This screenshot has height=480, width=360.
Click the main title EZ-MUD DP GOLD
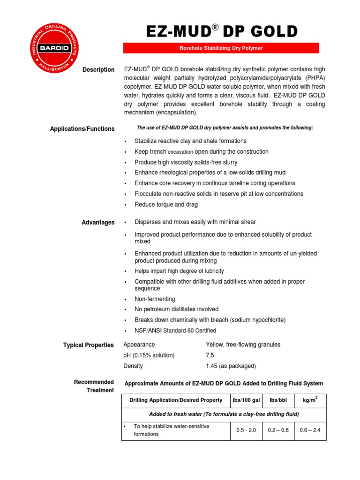[222, 31]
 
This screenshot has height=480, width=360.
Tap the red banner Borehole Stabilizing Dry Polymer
[221, 48]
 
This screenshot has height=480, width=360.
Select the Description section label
[98, 70]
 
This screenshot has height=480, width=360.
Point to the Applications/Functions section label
[82, 129]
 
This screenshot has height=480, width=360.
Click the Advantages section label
[98, 223]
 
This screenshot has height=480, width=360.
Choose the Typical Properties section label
[89, 345]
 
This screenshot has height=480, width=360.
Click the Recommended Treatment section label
[94, 386]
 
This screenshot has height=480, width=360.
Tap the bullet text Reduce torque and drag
[166, 204]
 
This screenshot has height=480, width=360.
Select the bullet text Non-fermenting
[155, 299]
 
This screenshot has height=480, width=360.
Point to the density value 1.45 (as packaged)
[231, 366]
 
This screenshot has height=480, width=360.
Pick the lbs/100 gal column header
[246, 400]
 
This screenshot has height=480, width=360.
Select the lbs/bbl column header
[278, 400]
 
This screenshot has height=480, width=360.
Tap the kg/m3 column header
[310, 400]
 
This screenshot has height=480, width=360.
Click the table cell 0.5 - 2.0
[246, 430]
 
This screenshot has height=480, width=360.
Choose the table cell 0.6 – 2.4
[310, 430]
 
